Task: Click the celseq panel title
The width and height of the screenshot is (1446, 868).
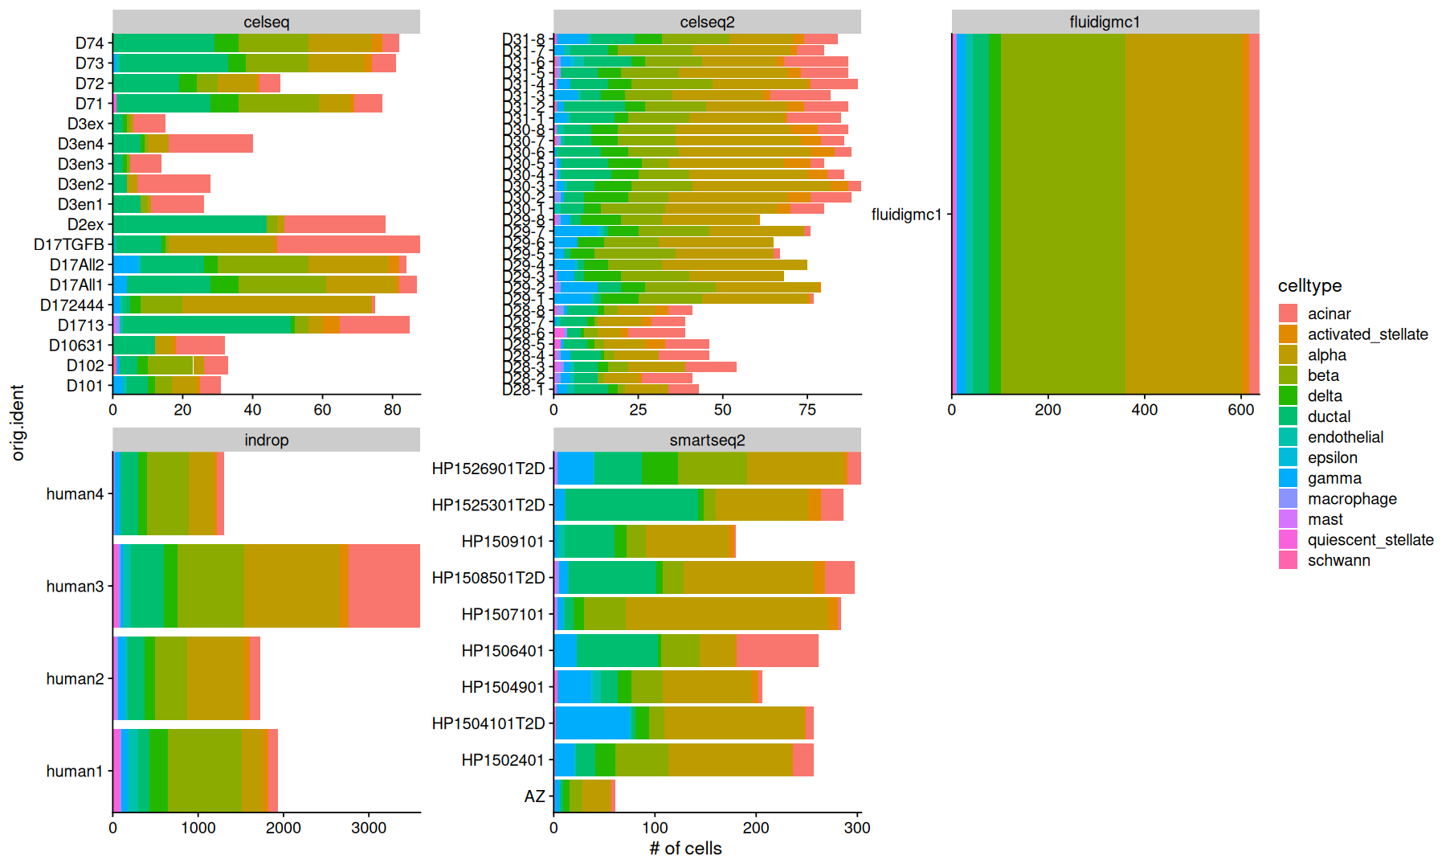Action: (266, 23)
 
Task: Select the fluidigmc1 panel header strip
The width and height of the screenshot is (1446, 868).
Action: (1105, 23)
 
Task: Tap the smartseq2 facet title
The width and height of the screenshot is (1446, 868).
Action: (707, 440)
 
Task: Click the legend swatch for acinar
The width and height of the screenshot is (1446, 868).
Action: (1288, 313)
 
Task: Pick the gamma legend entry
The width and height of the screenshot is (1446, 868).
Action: (1288, 478)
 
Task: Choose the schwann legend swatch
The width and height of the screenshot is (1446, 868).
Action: (1288, 560)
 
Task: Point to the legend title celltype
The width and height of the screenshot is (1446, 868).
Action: (1309, 286)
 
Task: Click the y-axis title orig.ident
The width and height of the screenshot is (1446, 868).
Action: (18, 423)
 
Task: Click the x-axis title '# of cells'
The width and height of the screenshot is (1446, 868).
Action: (685, 849)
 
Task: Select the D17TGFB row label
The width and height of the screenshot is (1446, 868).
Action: (69, 244)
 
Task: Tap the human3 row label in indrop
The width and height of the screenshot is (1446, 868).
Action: (75, 587)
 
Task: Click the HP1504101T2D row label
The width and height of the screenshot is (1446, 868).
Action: (488, 723)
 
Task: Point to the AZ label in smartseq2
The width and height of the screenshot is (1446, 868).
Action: (534, 796)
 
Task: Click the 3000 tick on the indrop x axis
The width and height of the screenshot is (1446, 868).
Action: (369, 828)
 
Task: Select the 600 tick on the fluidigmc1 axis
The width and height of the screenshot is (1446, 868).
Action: (1241, 410)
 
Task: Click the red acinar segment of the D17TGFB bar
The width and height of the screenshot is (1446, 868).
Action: (348, 244)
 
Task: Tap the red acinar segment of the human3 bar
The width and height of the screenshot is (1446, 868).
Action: (384, 586)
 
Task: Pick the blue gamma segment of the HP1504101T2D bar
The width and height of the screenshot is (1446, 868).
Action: (592, 723)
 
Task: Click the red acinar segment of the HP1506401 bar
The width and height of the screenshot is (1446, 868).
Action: (777, 651)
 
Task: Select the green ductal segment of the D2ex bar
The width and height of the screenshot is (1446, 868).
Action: (190, 224)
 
